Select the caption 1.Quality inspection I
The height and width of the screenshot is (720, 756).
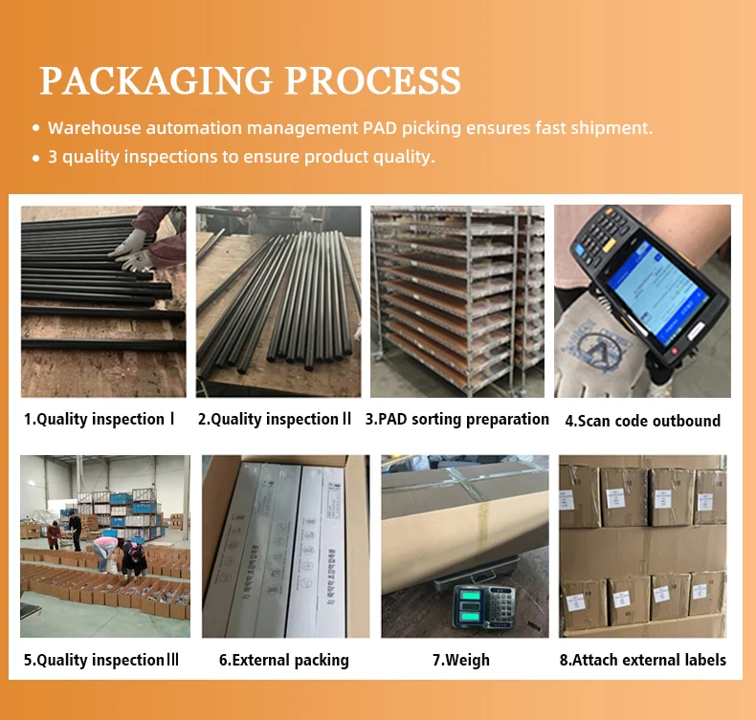(100, 419)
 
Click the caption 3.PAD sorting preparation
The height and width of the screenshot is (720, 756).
(456, 419)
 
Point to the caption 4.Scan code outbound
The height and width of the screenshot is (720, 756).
(642, 421)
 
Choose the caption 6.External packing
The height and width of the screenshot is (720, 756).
(283, 660)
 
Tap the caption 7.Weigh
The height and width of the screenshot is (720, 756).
(460, 660)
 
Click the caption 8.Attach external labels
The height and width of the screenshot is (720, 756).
(642, 660)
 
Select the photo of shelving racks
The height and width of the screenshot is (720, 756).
(456, 301)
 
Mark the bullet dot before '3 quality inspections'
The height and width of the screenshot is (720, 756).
(36, 157)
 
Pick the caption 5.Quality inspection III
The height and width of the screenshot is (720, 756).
(101, 660)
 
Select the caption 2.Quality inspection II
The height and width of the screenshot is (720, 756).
(275, 419)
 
